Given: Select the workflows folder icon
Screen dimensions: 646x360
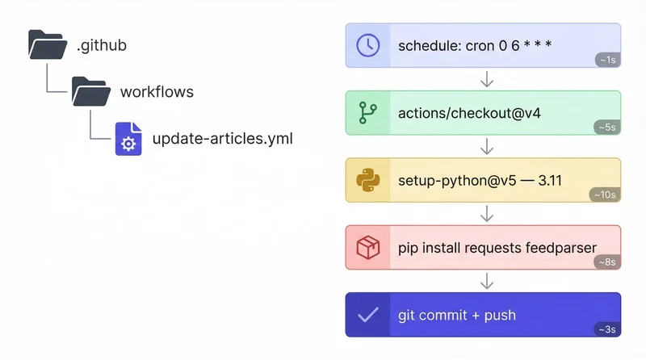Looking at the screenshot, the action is coord(91,91).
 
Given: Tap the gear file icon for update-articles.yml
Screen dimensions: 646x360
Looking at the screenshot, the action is coord(128,139).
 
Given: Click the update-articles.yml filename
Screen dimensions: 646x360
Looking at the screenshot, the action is coord(222,139).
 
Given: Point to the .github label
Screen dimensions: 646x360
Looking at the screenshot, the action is coord(102,45).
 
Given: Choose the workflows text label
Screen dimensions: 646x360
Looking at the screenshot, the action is coord(157,91).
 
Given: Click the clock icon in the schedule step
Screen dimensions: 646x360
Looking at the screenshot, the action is coord(368,45).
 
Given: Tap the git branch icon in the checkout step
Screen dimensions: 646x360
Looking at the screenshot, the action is coord(368,113).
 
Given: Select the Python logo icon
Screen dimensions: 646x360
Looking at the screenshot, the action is coord(368,180).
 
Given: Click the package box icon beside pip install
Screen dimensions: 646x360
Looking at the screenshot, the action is coord(368,248).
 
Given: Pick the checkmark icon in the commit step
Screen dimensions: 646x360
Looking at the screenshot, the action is coord(368,315).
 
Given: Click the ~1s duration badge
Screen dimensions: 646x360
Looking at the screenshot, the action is coord(607,60).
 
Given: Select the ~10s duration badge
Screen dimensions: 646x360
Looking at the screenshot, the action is coord(606,195).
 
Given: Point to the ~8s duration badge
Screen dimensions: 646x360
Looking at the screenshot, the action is coord(607,262).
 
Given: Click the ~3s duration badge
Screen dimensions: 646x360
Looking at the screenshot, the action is coord(607,329).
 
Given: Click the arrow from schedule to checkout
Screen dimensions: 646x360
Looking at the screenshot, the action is coord(486,79).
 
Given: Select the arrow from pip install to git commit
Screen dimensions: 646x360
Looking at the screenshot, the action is coord(486,281).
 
